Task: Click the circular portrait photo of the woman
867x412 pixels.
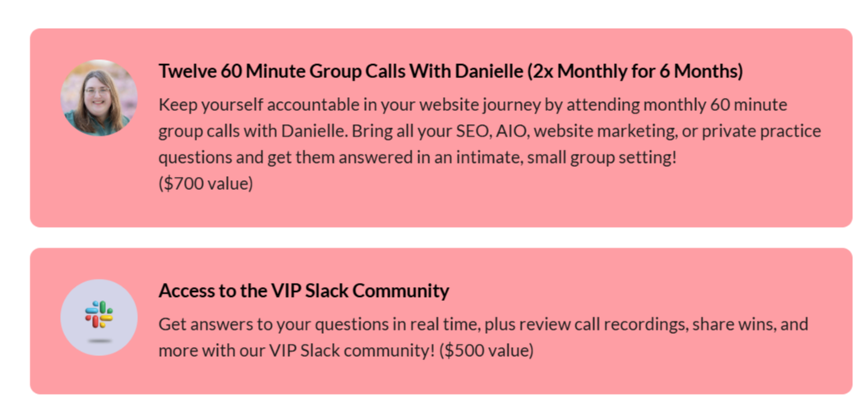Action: [x=99, y=98]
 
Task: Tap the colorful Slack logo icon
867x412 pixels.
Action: [x=99, y=313]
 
